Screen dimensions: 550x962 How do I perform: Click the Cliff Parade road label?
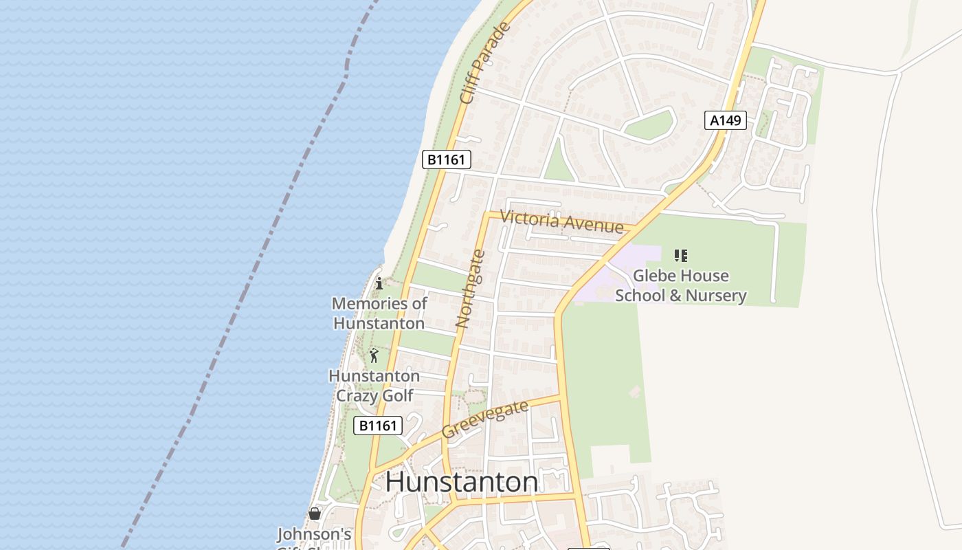tap(486, 63)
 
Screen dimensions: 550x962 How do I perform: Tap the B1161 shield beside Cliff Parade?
tap(446, 160)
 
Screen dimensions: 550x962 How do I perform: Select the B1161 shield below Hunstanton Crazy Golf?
tap(377, 426)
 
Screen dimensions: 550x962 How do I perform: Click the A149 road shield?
tap(725, 120)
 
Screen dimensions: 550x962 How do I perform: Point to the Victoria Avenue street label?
tap(561, 221)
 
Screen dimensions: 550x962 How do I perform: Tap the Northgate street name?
tap(471, 289)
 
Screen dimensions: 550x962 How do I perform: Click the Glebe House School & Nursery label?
tap(680, 285)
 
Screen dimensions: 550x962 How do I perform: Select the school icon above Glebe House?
tap(680, 256)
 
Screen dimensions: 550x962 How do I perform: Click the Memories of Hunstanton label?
tap(379, 313)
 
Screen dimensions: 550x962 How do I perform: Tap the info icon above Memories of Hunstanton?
tap(379, 283)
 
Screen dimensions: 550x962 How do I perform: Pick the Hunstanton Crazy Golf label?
tap(374, 386)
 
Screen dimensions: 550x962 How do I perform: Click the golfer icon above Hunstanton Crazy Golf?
tap(374, 355)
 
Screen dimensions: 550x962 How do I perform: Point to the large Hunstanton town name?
tap(461, 482)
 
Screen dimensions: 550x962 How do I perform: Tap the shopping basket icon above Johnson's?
tap(315, 514)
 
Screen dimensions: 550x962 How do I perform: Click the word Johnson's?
tap(314, 534)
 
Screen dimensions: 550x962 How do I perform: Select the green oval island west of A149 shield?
tap(649, 125)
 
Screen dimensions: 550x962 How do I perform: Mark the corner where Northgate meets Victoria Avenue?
tap(487, 214)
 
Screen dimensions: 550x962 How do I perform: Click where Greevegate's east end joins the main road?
tap(560, 397)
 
